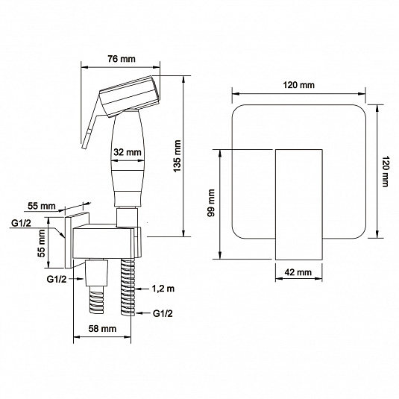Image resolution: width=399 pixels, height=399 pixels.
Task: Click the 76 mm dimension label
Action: pos(122,59)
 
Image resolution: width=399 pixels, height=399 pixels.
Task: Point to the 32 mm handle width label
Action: pos(128,152)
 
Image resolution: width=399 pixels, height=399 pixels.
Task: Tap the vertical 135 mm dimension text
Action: pos(177,156)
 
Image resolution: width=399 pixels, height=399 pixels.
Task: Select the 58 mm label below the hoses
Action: pos(102,329)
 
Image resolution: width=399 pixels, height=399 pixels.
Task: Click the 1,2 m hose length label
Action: pos(163,289)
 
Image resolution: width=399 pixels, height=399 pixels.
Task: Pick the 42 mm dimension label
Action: pos(298,272)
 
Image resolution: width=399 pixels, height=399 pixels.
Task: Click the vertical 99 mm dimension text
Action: pos(211,203)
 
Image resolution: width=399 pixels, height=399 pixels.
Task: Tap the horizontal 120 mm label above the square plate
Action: pos(299,85)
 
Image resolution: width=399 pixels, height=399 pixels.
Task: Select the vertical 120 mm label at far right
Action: pos(386,172)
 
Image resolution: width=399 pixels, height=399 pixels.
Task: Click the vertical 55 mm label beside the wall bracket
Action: pos(41,243)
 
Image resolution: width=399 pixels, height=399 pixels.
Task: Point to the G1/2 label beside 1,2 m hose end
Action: pos(163,313)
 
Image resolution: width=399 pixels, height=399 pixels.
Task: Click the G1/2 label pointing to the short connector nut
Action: pos(57,279)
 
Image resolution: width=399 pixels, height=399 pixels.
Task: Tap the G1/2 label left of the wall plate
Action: pos(21,223)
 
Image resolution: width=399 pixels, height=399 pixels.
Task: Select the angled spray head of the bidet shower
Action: pos(130,95)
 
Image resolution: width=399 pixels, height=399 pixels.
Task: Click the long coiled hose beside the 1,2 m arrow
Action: pos(128,288)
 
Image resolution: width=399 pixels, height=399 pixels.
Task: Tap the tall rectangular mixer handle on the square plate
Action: pos(299,204)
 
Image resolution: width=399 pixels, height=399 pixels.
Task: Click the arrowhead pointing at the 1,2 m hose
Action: pos(138,289)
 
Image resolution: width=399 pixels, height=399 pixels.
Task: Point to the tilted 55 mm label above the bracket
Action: pos(42,206)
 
